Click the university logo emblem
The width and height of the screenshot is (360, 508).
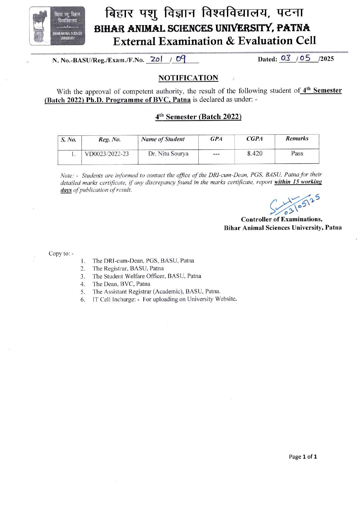[57, 26]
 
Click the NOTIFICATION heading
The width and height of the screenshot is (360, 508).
[188, 78]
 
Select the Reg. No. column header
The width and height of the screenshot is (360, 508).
[109, 139]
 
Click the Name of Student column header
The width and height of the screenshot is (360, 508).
[163, 139]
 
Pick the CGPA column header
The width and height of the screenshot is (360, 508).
[254, 139]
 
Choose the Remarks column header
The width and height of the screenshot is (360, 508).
[297, 138]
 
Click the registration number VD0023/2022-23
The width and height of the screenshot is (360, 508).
[107, 154]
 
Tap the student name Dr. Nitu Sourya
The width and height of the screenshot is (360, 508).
[168, 154]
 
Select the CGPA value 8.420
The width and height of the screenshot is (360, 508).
[255, 153]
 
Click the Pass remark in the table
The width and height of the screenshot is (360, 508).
[297, 153]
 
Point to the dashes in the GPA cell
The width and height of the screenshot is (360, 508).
[216, 154]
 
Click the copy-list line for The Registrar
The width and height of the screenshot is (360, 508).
[128, 268]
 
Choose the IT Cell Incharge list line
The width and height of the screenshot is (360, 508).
[164, 299]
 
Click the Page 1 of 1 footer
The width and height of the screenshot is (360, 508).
[303, 457]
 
